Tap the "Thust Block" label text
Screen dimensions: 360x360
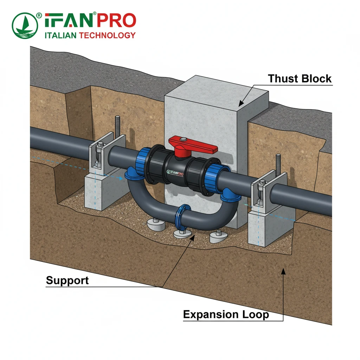coord(300,78)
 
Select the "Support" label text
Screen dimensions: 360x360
coord(67,280)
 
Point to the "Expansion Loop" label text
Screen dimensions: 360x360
coord(226,314)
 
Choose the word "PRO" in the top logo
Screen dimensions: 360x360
coord(116,21)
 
